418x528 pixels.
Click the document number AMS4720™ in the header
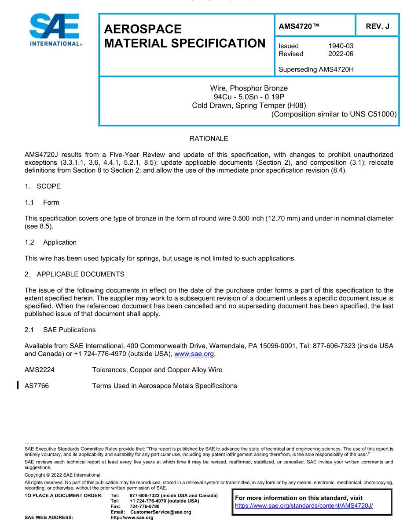(299, 26)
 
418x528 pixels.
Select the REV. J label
(378, 26)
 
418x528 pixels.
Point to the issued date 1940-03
(341, 46)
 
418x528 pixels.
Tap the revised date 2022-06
(341, 54)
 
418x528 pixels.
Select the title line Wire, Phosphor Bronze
(249, 88)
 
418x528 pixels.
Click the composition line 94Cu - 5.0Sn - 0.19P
(249, 97)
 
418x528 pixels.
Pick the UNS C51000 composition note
(334, 114)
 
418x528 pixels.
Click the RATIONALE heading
(209, 138)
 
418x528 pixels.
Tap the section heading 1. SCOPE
(43, 186)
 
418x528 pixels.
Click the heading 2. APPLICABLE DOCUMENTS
(74, 274)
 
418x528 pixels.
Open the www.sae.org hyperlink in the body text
(194, 354)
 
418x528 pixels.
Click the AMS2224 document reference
(40, 370)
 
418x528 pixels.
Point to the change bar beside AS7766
(17, 386)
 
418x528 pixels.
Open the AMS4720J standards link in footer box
(304, 506)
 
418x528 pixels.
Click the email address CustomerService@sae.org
(161, 512)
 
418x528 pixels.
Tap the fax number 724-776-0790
(145, 506)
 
